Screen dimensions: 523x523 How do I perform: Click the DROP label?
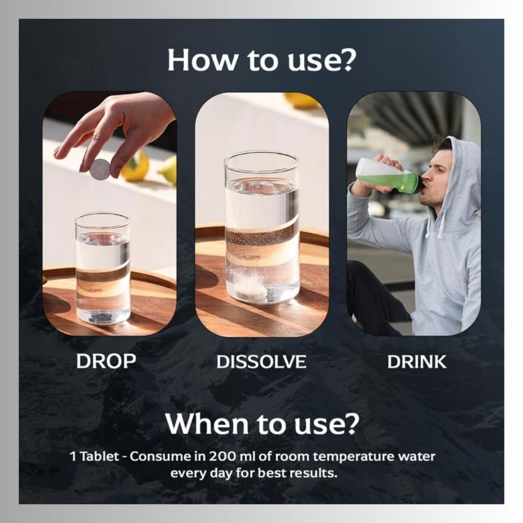click(106, 361)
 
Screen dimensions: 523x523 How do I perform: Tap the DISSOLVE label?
click(261, 362)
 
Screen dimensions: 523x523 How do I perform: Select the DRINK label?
click(417, 362)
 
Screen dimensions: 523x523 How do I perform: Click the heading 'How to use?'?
click(261, 60)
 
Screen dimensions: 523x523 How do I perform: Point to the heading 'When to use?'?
click(262, 423)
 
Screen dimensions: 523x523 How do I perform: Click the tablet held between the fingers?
click(100, 170)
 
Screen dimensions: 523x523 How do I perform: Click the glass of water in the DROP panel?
click(103, 269)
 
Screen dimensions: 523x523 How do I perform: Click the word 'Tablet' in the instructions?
click(100, 456)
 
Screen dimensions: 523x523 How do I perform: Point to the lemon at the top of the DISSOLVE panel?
click(300, 100)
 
